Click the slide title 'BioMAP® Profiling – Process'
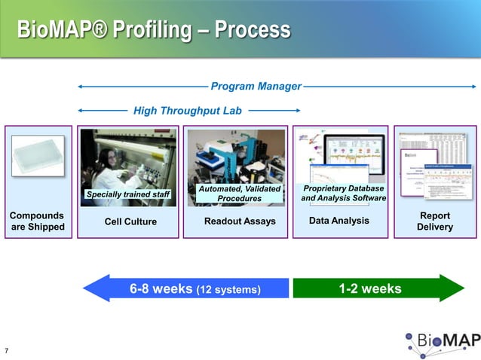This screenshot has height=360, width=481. coord(154,30)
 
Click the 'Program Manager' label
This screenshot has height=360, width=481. coord(256,86)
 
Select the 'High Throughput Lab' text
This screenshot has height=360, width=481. coord(187,111)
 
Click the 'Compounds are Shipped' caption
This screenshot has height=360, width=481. coord(37,221)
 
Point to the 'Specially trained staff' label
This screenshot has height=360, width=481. coord(128,195)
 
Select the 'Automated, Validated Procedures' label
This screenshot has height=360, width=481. coord(239,193)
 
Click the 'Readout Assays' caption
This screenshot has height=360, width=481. coord(240,221)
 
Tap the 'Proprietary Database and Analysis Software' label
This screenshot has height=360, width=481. coord(343,193)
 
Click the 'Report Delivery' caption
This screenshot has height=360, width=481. coord(434,221)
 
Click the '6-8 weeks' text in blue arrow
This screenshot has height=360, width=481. coord(161,288)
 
